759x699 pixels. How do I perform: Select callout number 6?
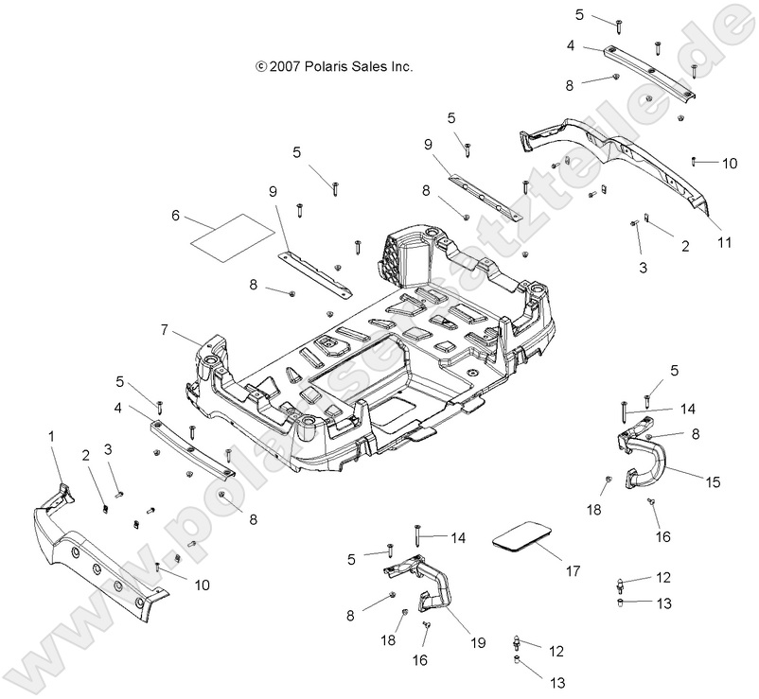coord(175,216)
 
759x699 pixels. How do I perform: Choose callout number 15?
coord(713,481)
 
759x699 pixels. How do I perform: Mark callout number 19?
coord(479,642)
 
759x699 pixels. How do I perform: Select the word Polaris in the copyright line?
coord(332,67)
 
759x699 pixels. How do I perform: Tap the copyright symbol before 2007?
coord(261,67)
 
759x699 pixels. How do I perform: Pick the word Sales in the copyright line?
coord(375,67)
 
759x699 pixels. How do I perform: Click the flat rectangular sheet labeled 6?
coord(230,234)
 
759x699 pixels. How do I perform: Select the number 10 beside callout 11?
coord(729,163)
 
